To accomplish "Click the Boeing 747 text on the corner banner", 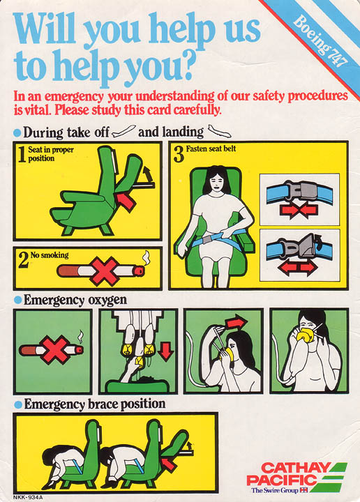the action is coord(320,40).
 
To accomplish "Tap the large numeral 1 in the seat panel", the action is coord(22,154).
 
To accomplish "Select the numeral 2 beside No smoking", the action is coord(23,259).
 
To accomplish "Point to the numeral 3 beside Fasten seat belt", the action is coord(179,155).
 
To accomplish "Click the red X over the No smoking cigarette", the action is coord(105,271).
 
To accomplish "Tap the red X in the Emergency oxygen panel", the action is coord(56,350).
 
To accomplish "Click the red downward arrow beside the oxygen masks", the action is coord(165,351).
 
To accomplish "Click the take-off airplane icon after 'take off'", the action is coord(123,131).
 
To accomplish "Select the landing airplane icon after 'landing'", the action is coord(219,131).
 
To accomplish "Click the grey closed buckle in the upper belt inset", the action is coord(301,192).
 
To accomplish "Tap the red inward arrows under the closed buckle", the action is coord(299,211).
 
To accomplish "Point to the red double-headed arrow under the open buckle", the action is coord(297,267).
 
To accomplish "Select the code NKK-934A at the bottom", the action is coord(27,497).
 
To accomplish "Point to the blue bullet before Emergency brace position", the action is coord(18,404).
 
